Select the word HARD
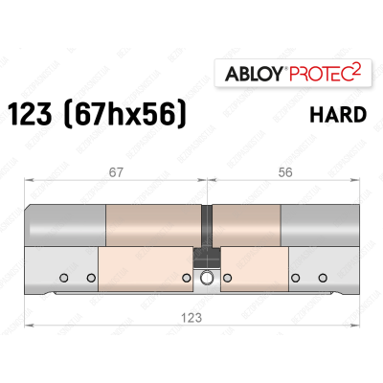click(x=337, y=116)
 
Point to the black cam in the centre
click(x=205, y=258)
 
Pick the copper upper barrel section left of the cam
click(x=153, y=226)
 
